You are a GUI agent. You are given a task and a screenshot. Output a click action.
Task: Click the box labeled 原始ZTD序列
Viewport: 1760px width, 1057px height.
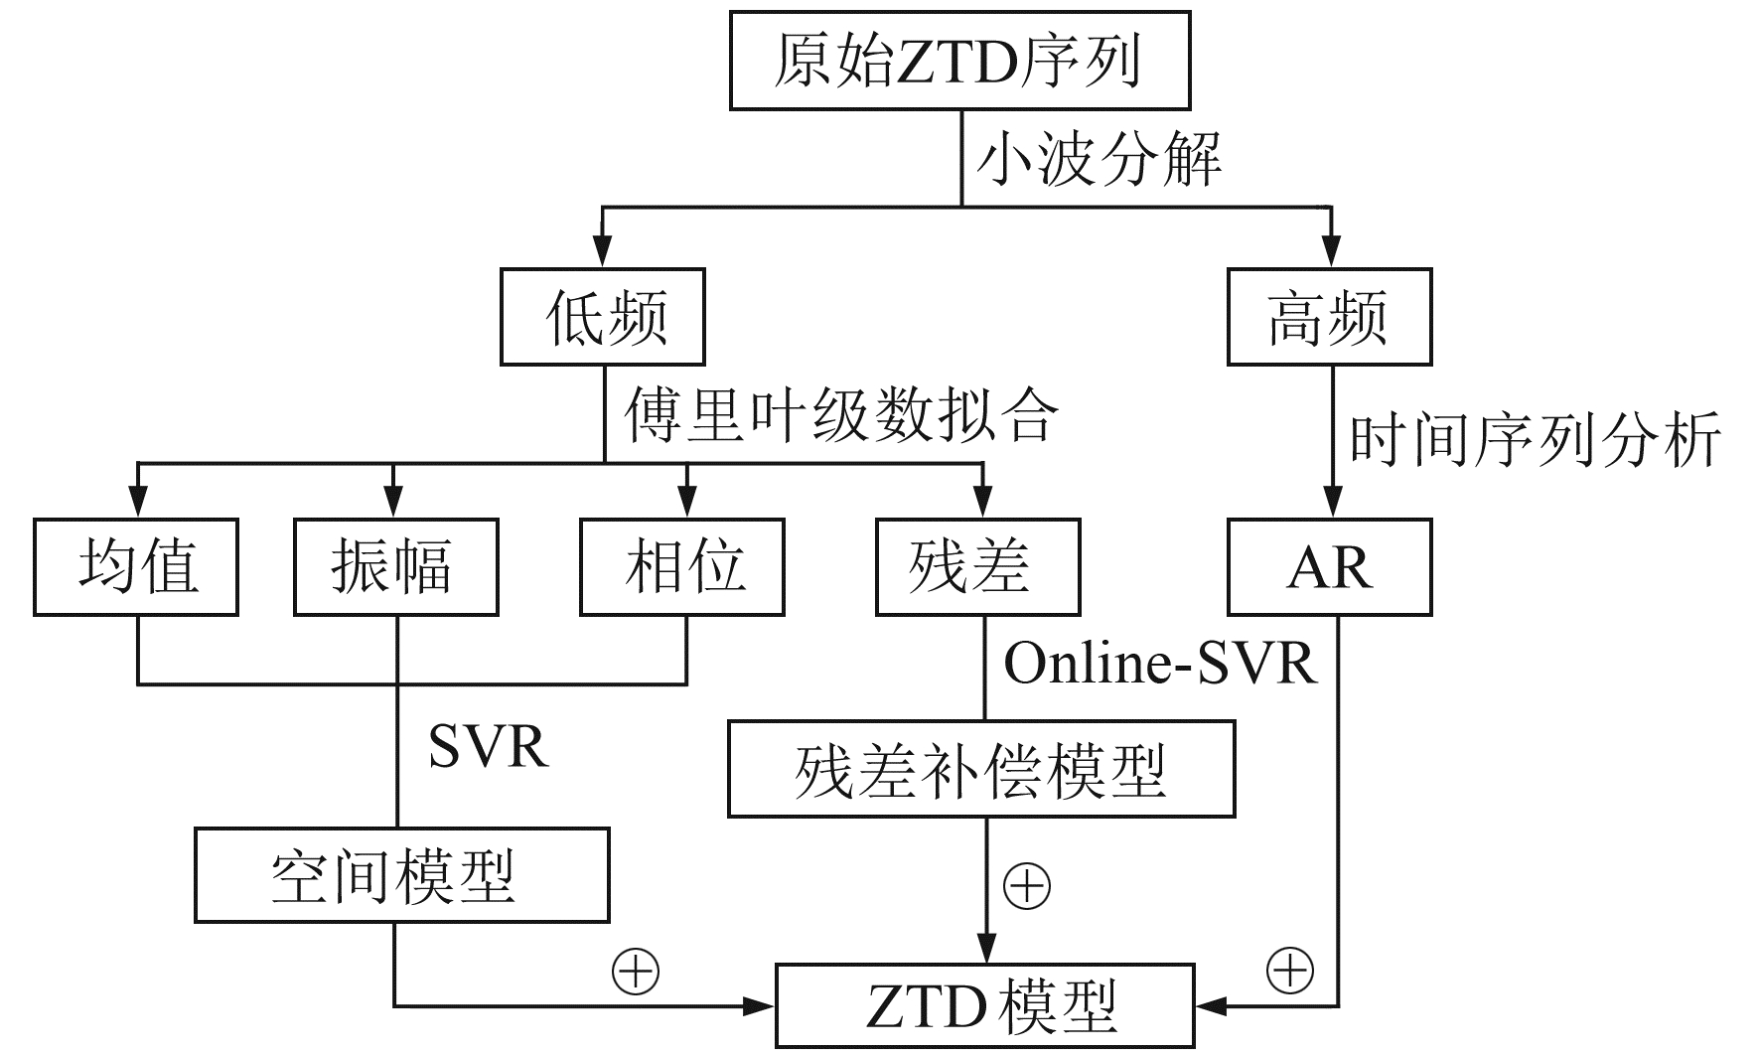959,61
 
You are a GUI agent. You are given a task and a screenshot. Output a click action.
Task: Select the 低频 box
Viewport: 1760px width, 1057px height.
603,317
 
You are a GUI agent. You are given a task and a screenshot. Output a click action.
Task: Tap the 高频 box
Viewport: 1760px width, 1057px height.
1330,317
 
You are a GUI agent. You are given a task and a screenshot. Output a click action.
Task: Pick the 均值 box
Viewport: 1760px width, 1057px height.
136,567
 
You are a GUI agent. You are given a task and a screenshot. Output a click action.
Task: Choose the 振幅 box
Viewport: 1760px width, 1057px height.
395,567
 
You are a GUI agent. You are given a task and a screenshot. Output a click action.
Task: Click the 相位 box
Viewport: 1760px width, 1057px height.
682,567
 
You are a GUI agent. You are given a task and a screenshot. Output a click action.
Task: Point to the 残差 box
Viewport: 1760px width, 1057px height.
977,567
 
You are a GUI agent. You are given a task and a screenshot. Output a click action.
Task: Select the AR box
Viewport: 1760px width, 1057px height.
1330,567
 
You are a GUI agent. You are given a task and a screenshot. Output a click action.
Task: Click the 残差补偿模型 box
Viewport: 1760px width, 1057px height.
981,770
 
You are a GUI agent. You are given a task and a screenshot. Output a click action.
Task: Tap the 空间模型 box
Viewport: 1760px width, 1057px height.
401,876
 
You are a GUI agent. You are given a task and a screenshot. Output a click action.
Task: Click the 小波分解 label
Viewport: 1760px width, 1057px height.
1099,159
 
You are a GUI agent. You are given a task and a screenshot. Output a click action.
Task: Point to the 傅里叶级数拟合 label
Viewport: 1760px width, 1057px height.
840,415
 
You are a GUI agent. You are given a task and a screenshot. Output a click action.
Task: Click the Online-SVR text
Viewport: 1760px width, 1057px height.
1159,663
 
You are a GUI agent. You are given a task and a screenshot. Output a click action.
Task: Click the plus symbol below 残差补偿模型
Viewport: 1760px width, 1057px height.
1027,885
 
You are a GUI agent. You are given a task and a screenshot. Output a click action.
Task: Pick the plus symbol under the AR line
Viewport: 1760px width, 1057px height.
1290,971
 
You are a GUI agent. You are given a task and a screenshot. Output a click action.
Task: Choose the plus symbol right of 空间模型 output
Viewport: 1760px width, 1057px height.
636,971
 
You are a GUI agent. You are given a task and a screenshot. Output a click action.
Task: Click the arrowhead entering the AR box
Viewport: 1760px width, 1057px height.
1331,504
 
